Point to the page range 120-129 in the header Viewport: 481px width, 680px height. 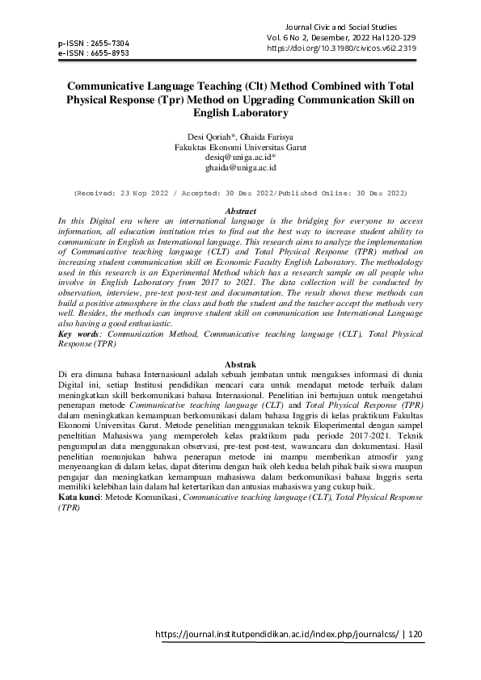click(401, 38)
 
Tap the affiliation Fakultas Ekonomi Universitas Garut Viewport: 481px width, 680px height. click(240, 148)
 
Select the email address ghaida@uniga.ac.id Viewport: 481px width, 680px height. click(240, 169)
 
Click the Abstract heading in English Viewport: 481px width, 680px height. click(240, 211)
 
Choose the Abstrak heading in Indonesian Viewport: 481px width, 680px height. click(240, 364)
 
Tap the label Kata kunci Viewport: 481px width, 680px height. click(80, 498)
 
